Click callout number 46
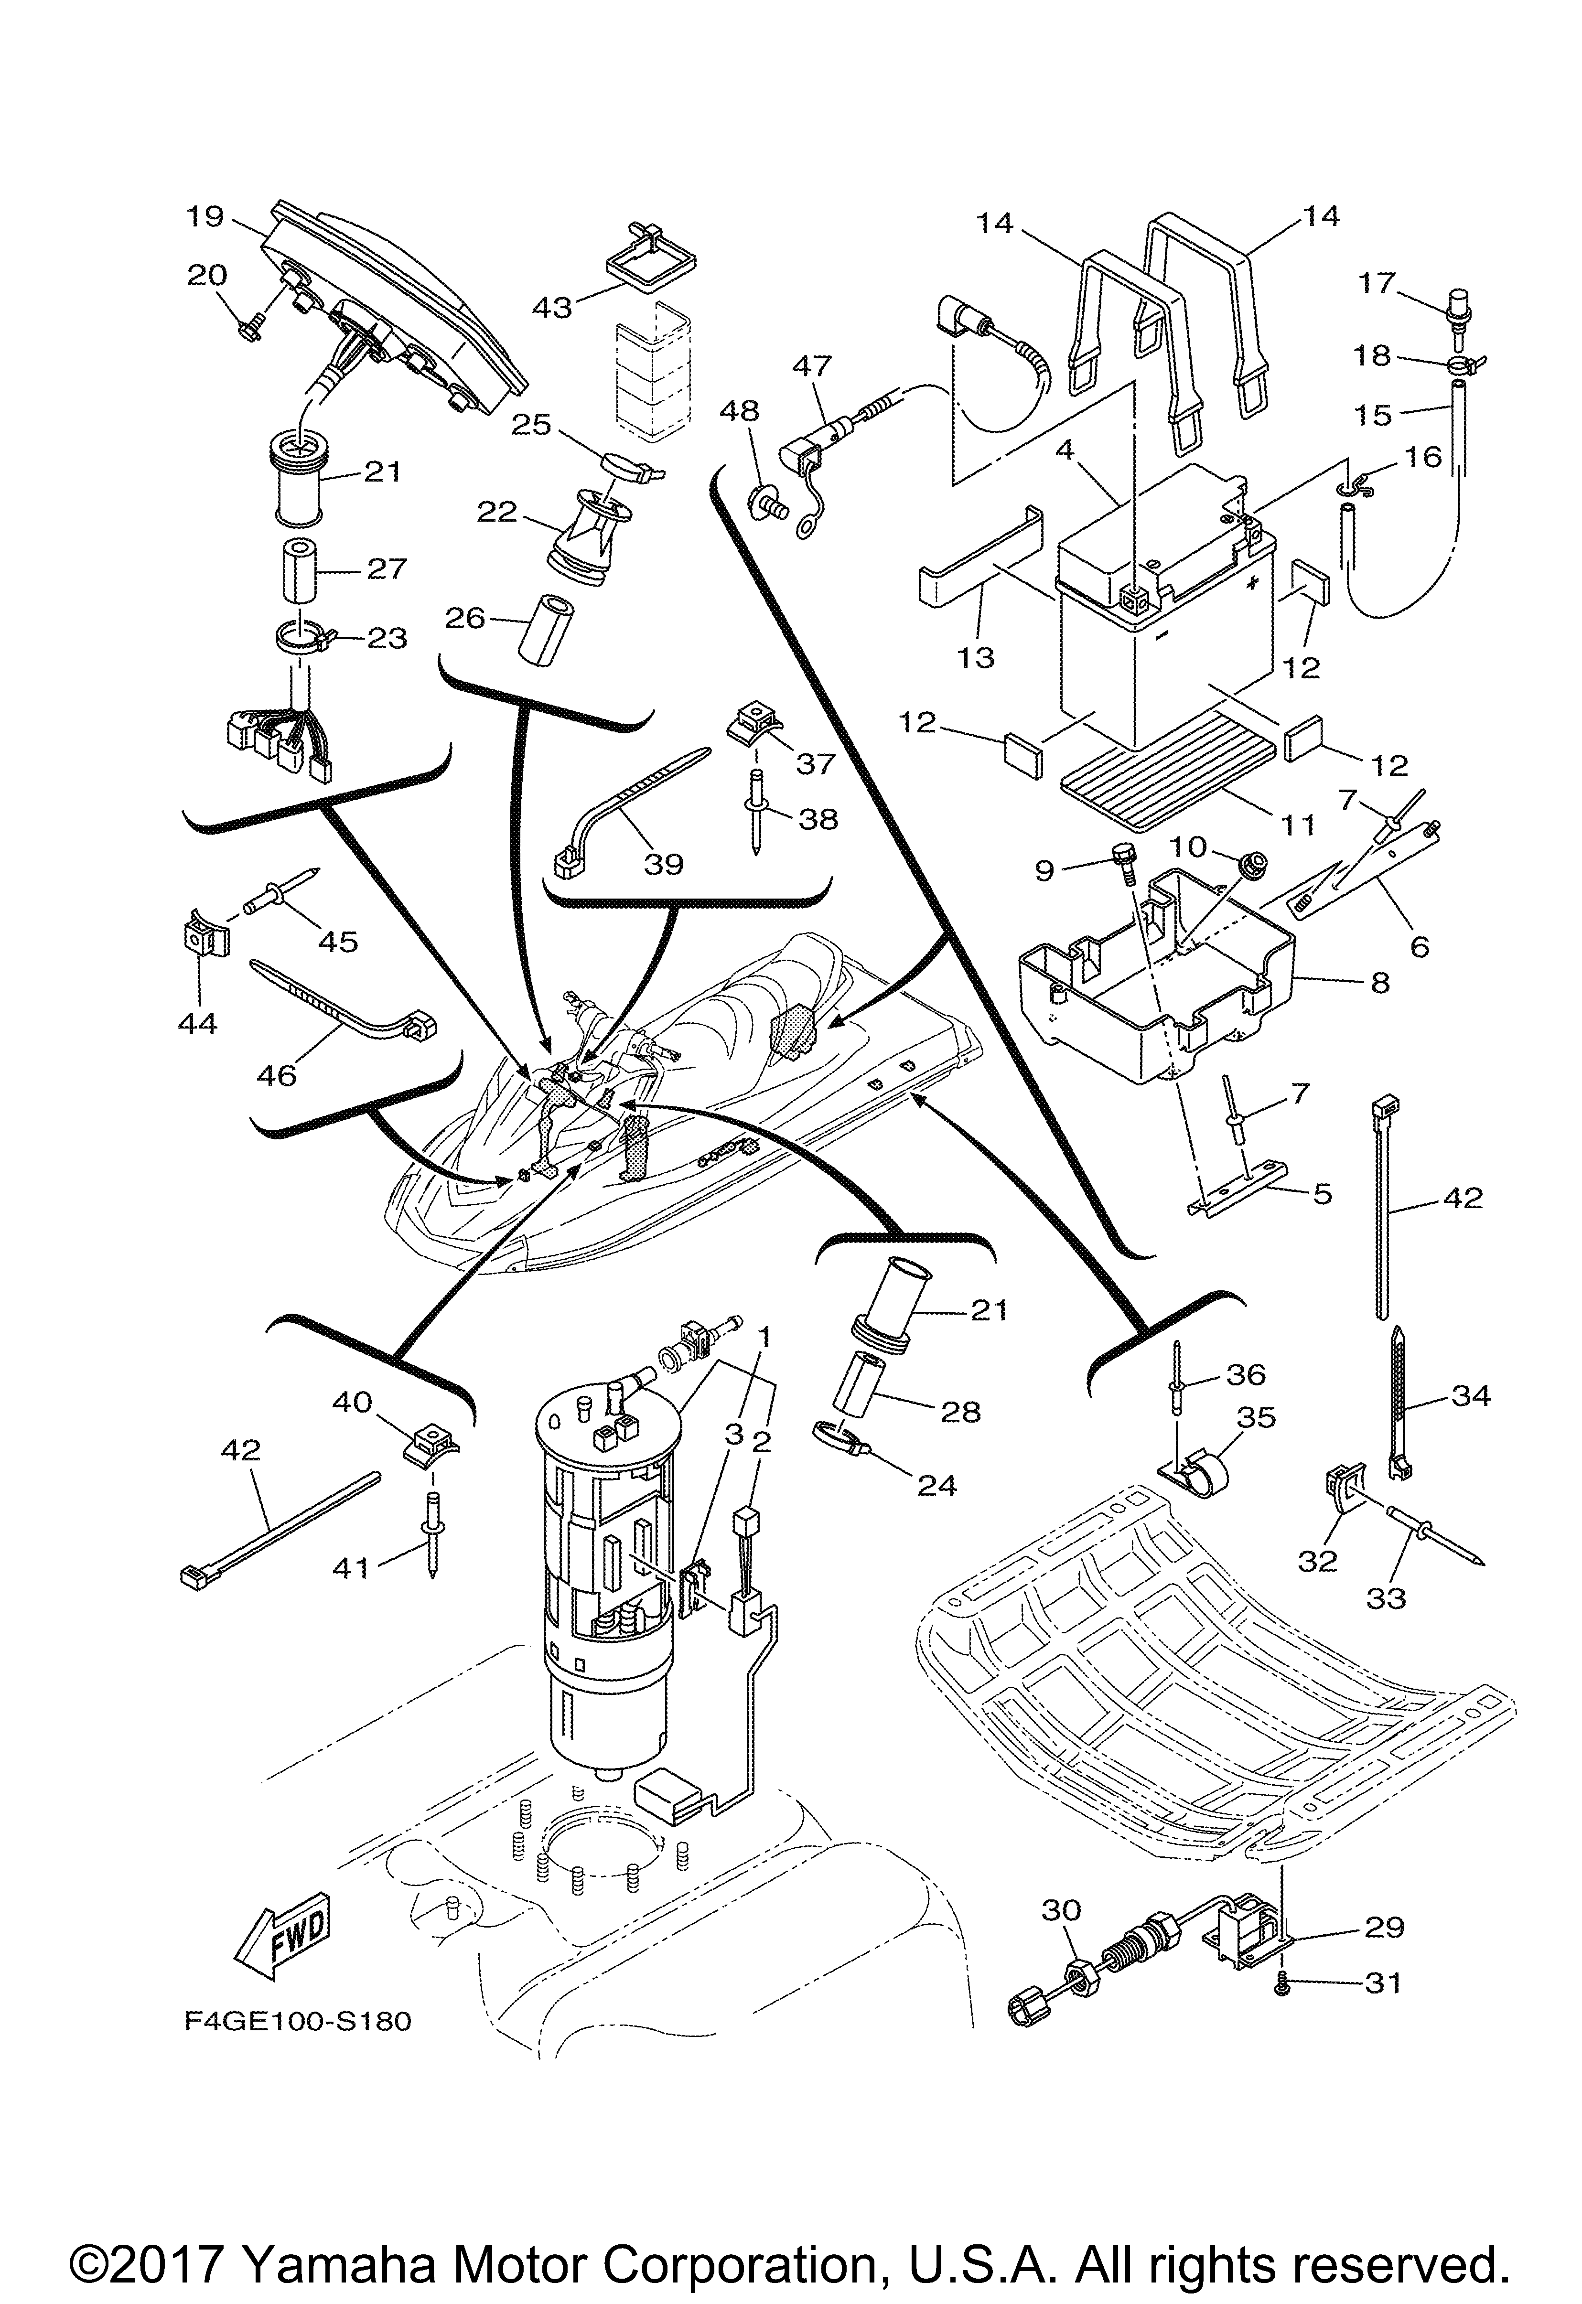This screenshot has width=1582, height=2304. point(277,1074)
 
